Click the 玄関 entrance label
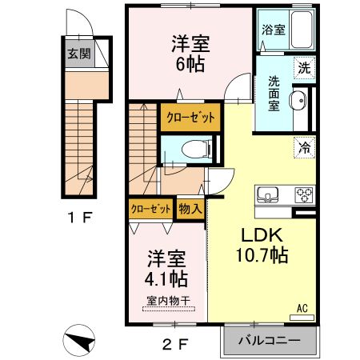point(78,55)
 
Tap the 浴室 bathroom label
point(274,30)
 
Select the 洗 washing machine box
point(303,69)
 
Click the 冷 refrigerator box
point(305,146)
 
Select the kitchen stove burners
point(303,194)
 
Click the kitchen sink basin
point(266,194)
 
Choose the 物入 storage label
point(190,208)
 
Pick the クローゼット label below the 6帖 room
point(190,118)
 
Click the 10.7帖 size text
point(262,257)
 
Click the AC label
point(302,307)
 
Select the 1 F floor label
point(78,216)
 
